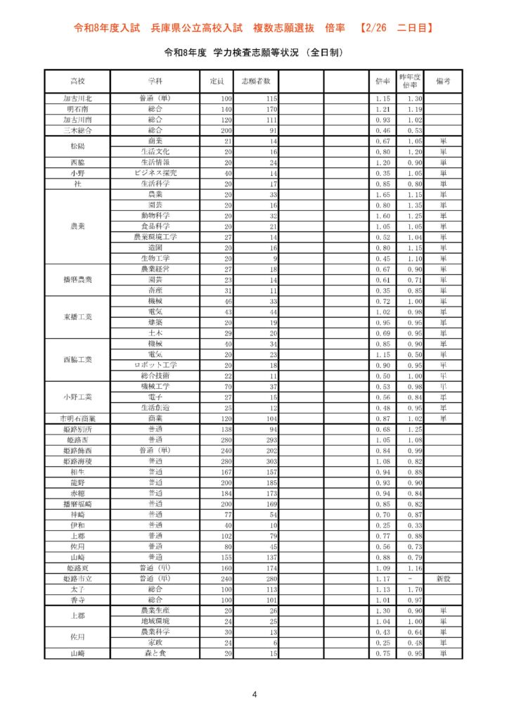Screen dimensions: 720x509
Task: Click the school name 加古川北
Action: click(x=77, y=98)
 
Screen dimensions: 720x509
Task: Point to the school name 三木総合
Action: click(x=77, y=130)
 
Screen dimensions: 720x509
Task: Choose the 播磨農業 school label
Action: click(x=77, y=280)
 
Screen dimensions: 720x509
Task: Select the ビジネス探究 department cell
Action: click(x=155, y=173)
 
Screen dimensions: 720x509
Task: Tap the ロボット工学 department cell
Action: click(x=155, y=365)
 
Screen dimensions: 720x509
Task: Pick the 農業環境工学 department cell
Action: click(x=155, y=237)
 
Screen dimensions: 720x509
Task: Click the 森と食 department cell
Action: click(x=155, y=653)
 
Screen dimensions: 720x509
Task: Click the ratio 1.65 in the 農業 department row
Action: click(x=382, y=194)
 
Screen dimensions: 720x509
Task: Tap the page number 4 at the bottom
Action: click(x=254, y=695)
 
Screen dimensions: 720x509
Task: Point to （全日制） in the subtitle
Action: click(x=316, y=53)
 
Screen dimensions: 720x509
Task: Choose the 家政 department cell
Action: click(x=155, y=643)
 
